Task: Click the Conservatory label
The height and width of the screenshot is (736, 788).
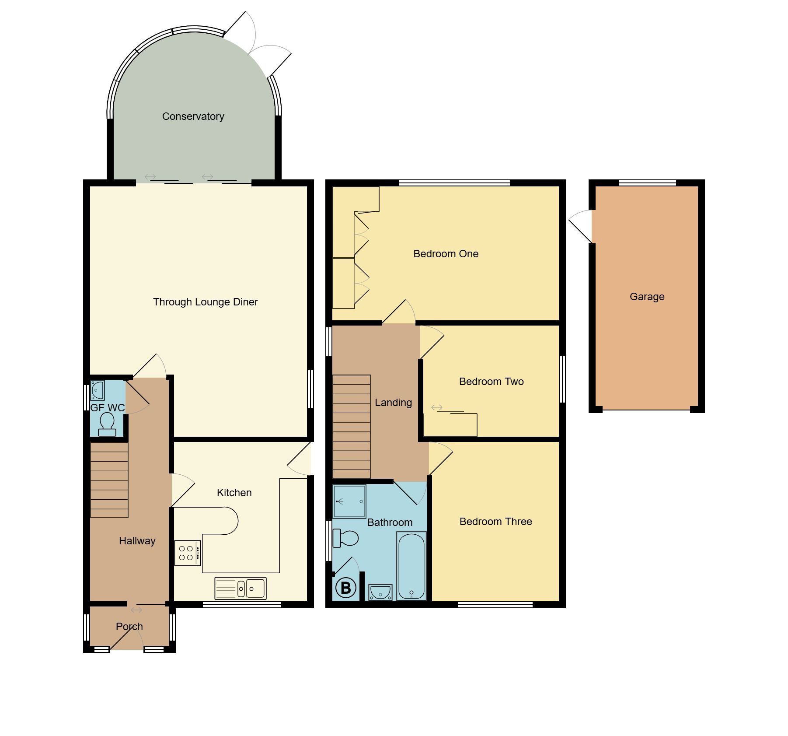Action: tap(193, 116)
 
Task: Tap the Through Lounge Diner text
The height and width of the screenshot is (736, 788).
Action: tap(205, 302)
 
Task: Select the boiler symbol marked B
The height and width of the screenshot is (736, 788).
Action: tap(345, 588)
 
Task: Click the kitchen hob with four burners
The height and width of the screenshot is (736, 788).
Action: tap(187, 553)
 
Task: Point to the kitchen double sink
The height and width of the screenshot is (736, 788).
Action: tap(240, 588)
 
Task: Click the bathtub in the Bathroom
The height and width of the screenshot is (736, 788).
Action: tap(411, 566)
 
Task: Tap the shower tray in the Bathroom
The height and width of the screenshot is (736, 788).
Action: tap(349, 501)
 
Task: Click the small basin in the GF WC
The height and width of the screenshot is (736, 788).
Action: tap(97, 390)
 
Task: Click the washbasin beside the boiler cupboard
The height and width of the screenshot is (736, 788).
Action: tap(380, 592)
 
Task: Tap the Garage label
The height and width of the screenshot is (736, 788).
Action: tap(647, 297)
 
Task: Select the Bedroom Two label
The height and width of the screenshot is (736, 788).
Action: tap(491, 382)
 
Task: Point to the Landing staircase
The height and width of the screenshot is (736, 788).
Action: tap(352, 427)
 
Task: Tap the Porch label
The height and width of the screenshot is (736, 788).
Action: tap(129, 627)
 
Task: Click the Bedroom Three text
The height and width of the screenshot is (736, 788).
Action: tap(495, 522)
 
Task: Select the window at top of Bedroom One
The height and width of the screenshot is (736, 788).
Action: tap(454, 183)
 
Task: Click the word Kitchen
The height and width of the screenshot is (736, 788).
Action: tap(234, 493)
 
